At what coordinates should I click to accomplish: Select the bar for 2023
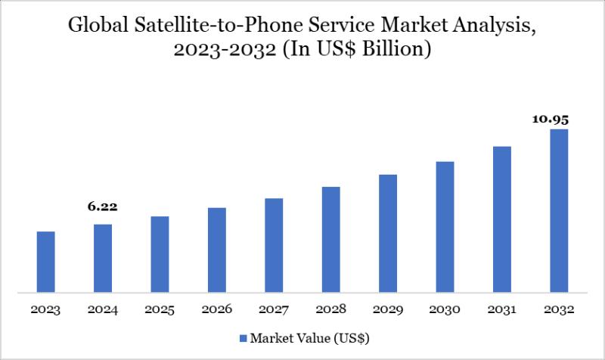click(x=45, y=261)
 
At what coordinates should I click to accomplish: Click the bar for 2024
click(x=103, y=257)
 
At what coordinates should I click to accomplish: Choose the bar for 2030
click(x=445, y=226)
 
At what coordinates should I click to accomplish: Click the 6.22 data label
click(x=103, y=206)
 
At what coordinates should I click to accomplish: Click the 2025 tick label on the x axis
click(x=160, y=310)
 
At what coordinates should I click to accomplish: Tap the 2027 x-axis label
click(x=274, y=310)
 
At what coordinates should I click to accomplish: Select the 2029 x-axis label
click(x=388, y=310)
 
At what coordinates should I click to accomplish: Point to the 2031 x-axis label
click(x=502, y=310)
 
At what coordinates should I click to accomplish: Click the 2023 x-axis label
click(x=45, y=310)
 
